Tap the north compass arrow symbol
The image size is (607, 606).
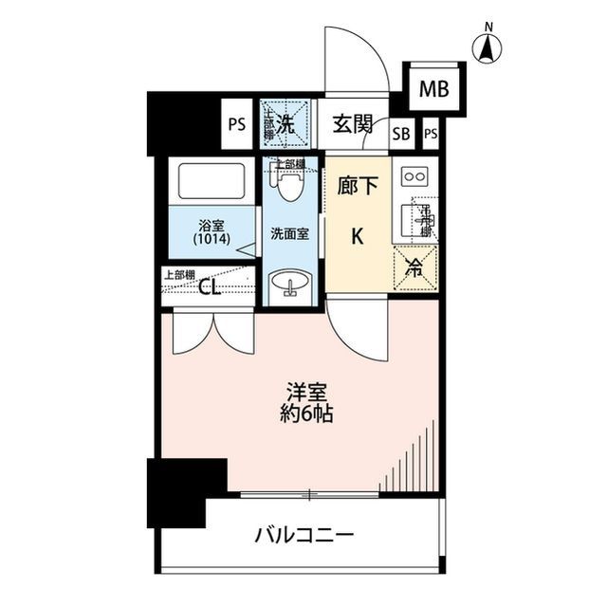tap(489, 47)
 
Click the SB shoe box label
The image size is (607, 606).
tap(401, 134)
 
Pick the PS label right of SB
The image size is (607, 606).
tap(432, 134)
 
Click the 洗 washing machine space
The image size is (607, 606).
tap(286, 123)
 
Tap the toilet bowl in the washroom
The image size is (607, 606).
tap(289, 186)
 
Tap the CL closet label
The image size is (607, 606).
tap(210, 289)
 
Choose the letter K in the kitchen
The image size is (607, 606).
tap(358, 238)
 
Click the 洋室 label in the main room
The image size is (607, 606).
tap(304, 391)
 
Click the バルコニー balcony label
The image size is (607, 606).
tap(303, 537)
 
